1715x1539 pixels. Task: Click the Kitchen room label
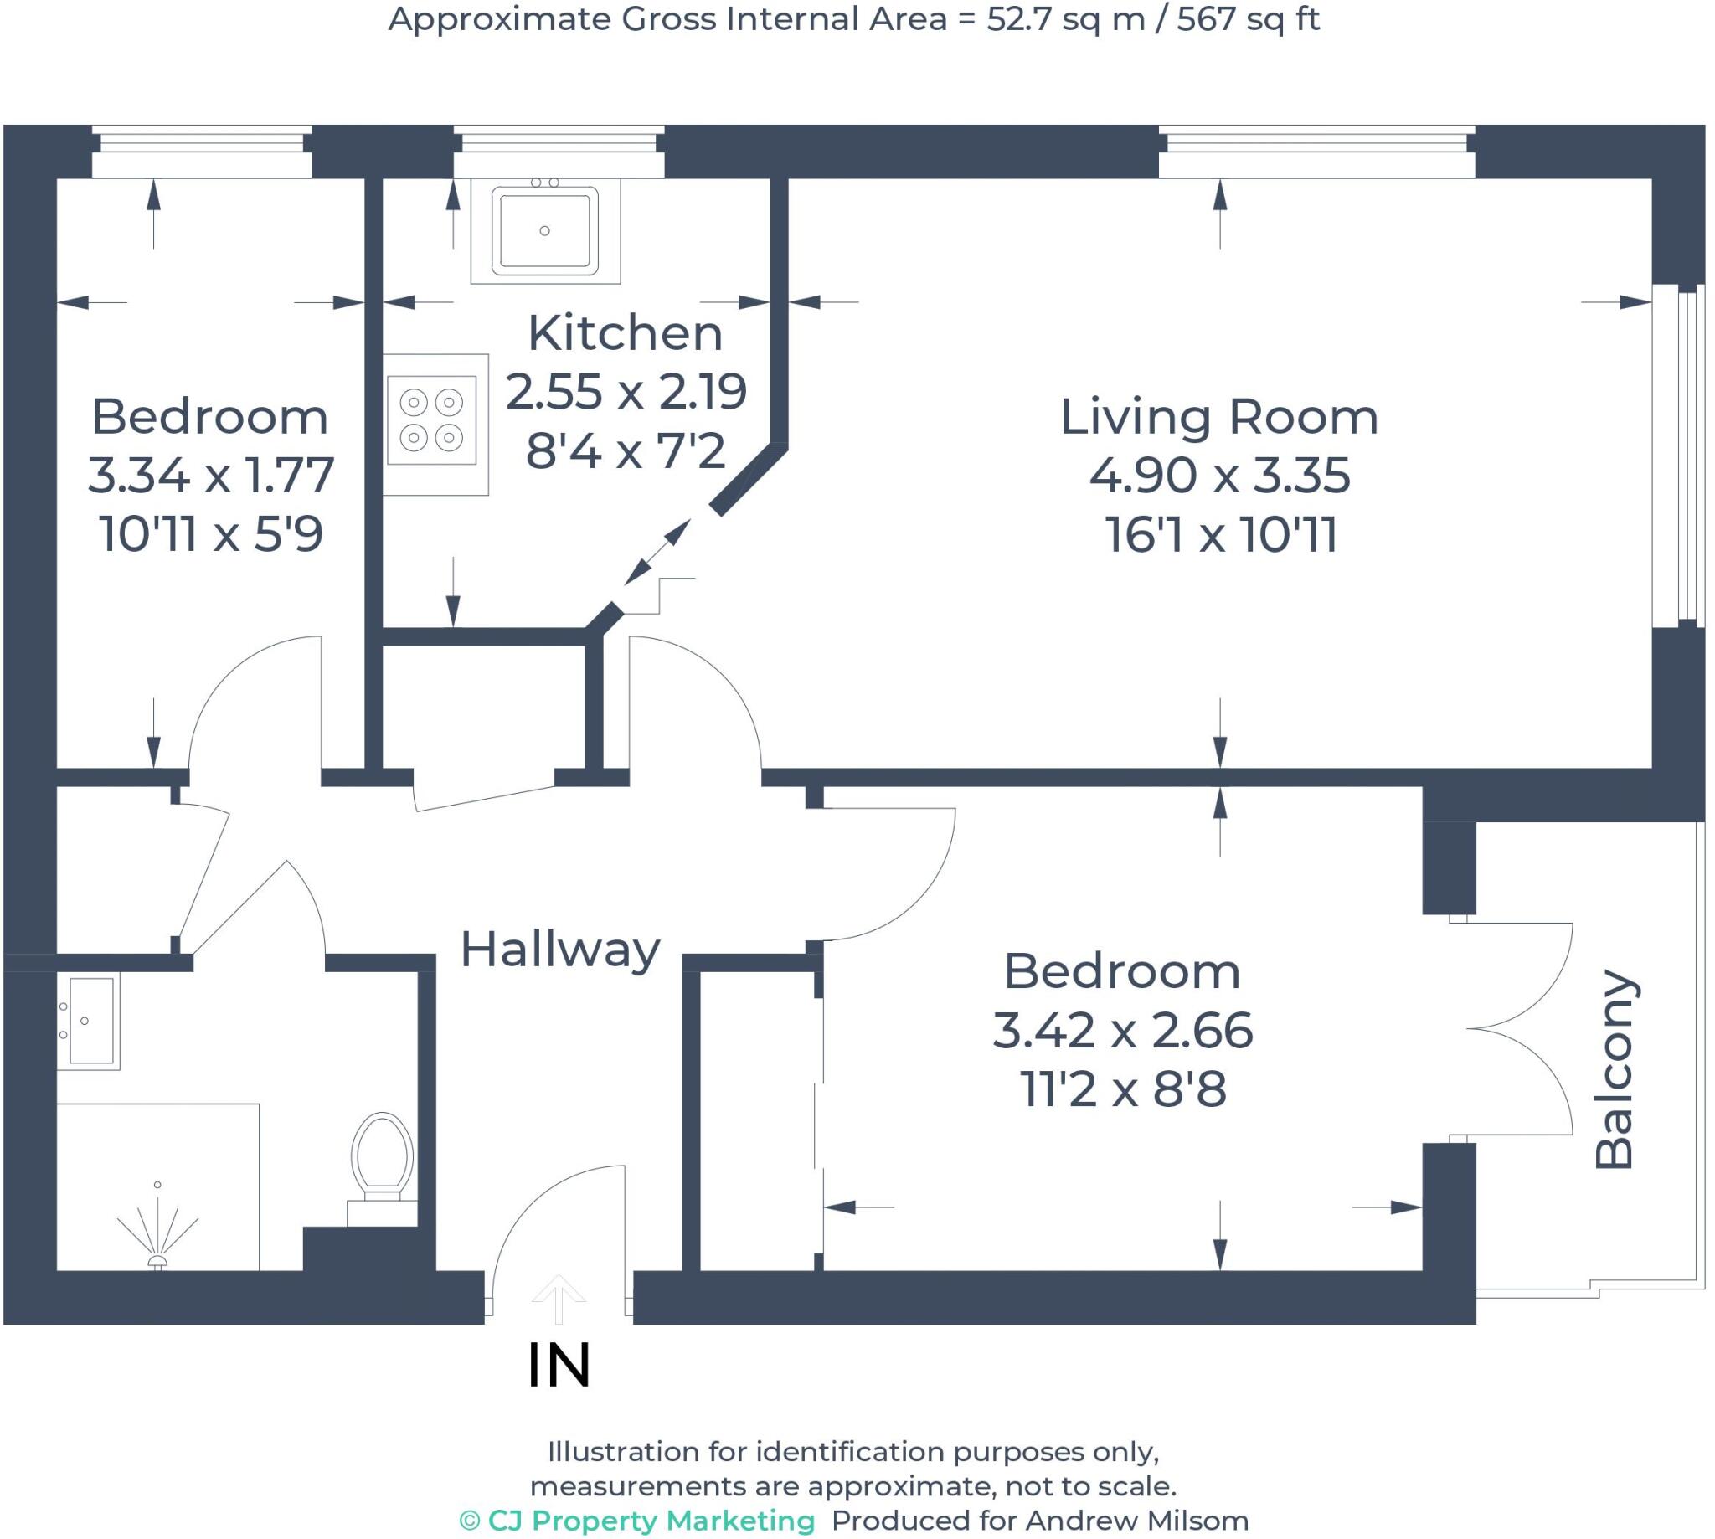(x=625, y=333)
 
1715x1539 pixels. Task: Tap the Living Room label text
(x=1218, y=417)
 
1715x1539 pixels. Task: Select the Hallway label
(x=560, y=949)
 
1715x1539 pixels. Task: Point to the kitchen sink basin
(x=544, y=229)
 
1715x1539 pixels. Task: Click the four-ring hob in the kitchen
(x=431, y=420)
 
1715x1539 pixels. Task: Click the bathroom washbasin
(x=89, y=1021)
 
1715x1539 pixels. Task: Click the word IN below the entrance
(x=559, y=1366)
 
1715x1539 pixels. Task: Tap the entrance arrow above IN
(x=559, y=1298)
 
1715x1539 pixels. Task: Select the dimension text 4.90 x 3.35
(x=1218, y=476)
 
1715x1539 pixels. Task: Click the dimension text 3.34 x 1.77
(x=209, y=476)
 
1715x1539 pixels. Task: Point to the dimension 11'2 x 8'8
(x=1122, y=1090)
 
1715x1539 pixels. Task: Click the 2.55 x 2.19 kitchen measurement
(x=626, y=392)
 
